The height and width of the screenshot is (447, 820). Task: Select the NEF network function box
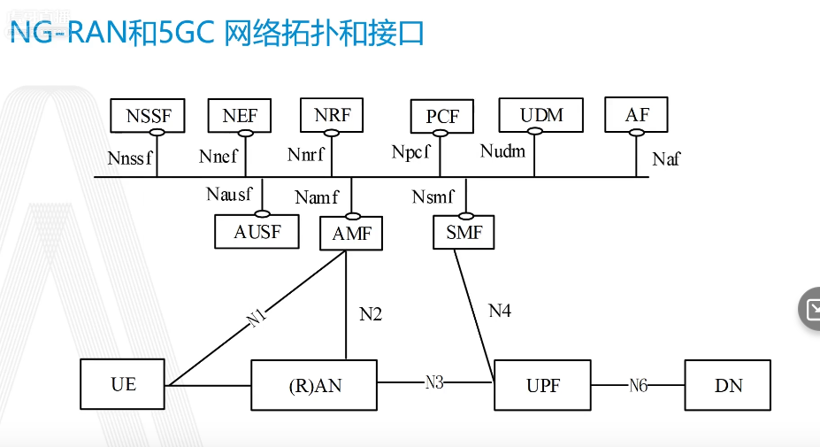[x=240, y=115]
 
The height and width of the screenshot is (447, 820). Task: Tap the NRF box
[x=332, y=114]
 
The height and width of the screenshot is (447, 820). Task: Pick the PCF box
[x=442, y=117]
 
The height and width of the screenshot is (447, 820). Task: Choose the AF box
[x=636, y=115]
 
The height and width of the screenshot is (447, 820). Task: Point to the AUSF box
[x=257, y=232]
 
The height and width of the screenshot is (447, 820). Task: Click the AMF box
[x=352, y=235]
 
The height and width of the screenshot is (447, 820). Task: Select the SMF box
[x=464, y=234]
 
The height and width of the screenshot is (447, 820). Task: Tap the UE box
[x=123, y=385]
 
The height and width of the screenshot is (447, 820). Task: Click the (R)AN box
[x=314, y=385]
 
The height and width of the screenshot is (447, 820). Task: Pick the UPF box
[x=542, y=385]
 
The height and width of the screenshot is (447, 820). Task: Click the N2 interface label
[x=371, y=313]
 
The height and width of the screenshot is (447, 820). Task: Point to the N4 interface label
[x=500, y=310]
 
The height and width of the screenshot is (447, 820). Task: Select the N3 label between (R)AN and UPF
[x=434, y=382]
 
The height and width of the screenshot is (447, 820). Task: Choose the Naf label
[x=666, y=159]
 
